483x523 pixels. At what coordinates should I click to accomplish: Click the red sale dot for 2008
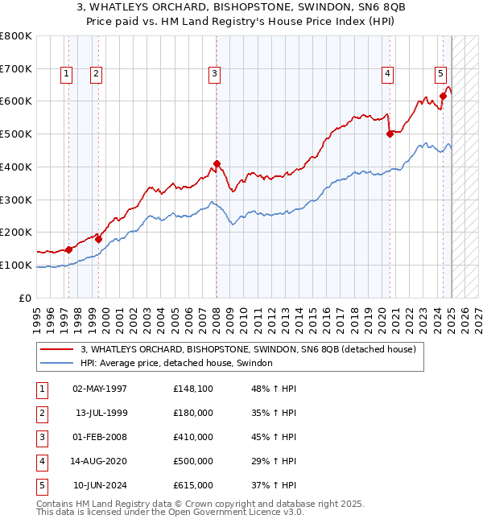click(x=217, y=163)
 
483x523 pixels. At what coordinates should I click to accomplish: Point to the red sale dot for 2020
click(x=390, y=134)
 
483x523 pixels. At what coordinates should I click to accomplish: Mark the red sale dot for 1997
click(x=68, y=249)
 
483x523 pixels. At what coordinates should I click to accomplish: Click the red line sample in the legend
click(x=57, y=349)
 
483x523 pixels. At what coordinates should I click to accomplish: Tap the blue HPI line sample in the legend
click(x=57, y=364)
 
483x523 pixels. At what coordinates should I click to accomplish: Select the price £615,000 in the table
click(x=193, y=486)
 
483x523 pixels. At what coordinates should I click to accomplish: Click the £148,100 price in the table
click(x=193, y=389)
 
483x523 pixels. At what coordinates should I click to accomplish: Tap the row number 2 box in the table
click(x=41, y=414)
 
